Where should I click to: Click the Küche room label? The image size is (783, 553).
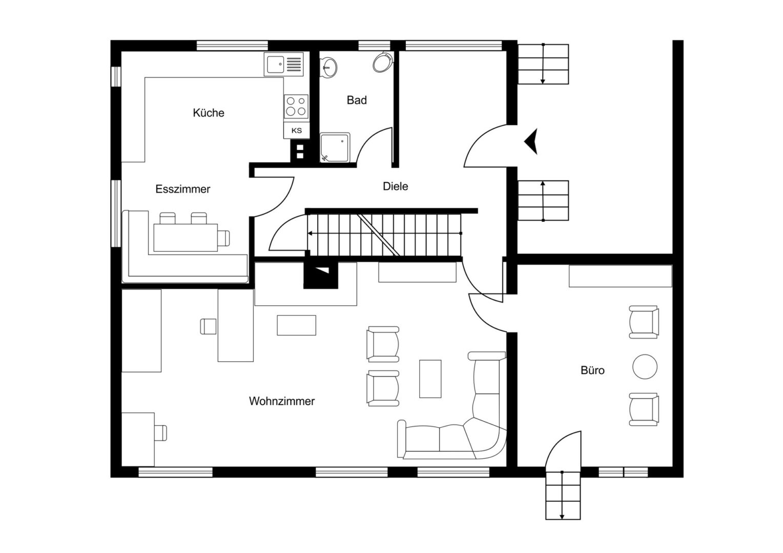tap(209, 113)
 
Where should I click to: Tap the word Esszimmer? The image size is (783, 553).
tap(183, 189)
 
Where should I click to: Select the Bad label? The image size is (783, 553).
tap(357, 100)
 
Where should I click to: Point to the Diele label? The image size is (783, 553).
tap(396, 186)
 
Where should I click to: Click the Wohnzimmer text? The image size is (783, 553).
tap(282, 401)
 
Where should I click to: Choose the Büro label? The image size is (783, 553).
tap(592, 370)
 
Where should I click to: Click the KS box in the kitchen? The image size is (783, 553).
tap(296, 130)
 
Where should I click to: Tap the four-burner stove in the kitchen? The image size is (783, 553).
tap(296, 107)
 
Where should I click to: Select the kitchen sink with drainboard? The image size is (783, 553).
tap(283, 64)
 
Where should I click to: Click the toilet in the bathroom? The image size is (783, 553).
tap(383, 62)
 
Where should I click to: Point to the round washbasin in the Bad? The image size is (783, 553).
tap(328, 67)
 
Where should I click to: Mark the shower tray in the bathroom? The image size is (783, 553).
tap(335, 147)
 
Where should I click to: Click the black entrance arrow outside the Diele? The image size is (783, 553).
tap(531, 141)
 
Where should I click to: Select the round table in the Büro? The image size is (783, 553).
tap(645, 367)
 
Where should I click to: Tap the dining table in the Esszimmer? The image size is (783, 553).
tap(186, 238)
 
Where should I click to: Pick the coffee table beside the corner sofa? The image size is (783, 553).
tap(430, 379)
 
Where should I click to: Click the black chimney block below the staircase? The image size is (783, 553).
tap(321, 275)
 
